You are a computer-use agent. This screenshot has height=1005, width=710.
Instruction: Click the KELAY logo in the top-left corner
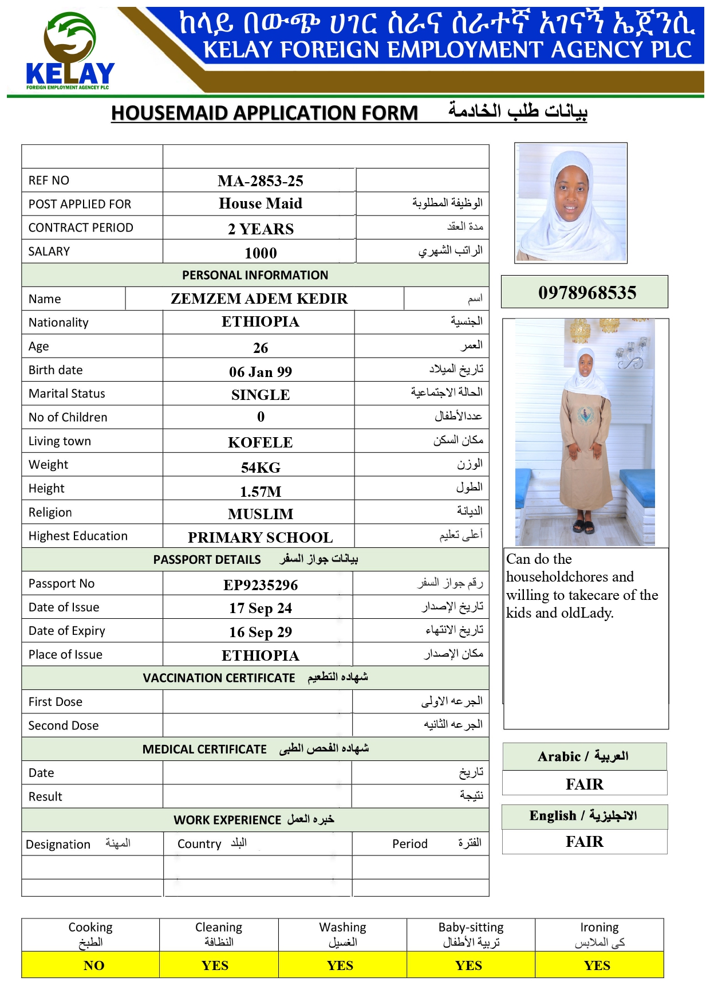(70, 52)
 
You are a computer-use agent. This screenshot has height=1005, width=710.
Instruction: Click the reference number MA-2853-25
(261, 181)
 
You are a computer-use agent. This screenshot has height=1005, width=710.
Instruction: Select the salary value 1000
(261, 253)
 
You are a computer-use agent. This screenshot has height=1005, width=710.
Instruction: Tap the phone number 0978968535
(587, 293)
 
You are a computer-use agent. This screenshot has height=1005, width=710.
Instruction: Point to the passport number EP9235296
(261, 585)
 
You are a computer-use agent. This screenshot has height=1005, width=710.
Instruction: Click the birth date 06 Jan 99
(261, 372)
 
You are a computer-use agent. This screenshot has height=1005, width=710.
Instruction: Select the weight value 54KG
(261, 468)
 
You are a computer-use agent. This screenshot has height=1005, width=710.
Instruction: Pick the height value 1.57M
(261, 492)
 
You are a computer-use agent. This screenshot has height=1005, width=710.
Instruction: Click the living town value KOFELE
(261, 442)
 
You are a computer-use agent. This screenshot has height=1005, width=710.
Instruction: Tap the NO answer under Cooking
(94, 965)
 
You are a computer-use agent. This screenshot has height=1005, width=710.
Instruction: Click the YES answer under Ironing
(597, 965)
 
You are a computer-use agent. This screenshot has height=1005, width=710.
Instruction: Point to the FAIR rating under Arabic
(585, 784)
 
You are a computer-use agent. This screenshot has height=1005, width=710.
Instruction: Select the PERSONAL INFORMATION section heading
(255, 275)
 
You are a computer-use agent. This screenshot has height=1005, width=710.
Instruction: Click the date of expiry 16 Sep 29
(261, 632)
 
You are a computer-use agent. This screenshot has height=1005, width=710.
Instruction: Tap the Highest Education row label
(78, 536)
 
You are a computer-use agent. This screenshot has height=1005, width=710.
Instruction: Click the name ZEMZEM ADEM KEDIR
(259, 299)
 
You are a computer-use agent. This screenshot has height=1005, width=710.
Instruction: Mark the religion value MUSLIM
(261, 514)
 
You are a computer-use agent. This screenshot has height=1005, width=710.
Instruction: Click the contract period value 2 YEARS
(261, 229)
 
